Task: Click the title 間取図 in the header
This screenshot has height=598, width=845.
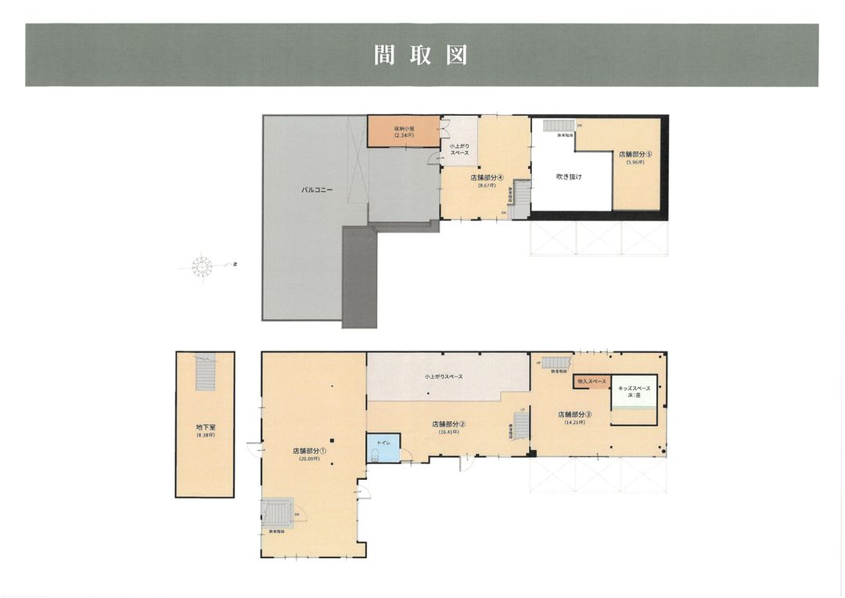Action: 421,56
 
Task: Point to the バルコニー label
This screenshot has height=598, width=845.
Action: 318,189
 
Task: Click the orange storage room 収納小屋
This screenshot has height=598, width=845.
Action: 404,131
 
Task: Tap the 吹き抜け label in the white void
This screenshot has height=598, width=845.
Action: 569,177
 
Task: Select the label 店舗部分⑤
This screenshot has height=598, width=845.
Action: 635,154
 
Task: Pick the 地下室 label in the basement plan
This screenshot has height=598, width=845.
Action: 205,428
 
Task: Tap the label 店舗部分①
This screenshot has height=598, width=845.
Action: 309,451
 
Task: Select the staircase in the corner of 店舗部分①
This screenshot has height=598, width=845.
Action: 279,513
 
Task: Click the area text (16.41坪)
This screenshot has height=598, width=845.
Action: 449,432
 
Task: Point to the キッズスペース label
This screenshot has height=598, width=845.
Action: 634,388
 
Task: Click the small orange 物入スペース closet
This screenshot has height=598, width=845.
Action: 591,381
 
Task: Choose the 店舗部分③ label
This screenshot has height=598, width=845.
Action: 574,414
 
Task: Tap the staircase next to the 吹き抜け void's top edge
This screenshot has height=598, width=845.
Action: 559,126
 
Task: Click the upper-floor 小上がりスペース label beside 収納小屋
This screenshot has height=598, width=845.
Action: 459,149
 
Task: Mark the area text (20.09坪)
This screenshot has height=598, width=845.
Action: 309,459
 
